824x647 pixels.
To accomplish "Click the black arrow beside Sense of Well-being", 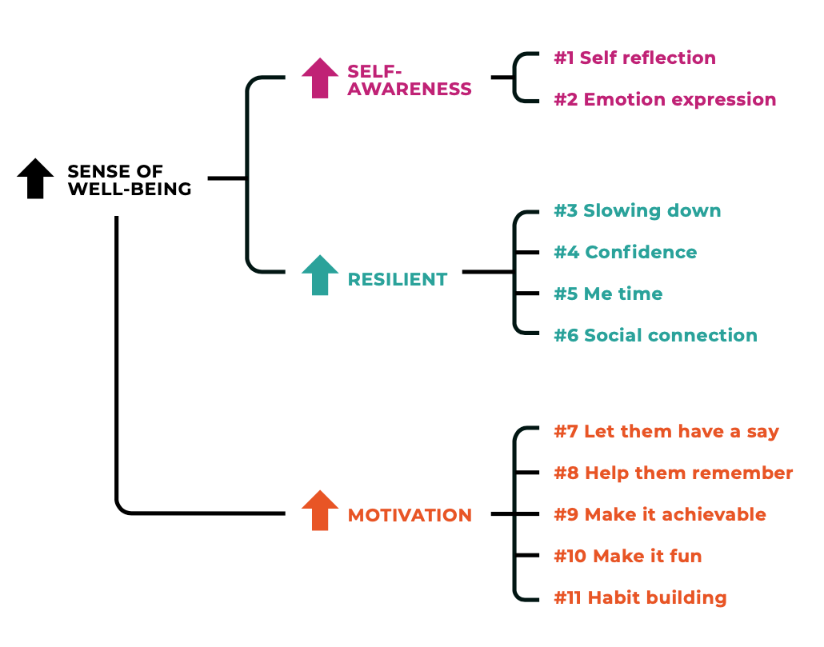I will pyautogui.click(x=35, y=178).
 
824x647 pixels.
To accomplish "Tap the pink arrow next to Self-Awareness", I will pyautogui.click(x=320, y=78).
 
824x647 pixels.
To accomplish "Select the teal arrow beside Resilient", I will pyautogui.click(x=320, y=275).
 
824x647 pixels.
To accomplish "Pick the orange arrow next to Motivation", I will pyautogui.click(x=320, y=510).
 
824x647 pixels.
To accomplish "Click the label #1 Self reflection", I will pyautogui.click(x=634, y=58).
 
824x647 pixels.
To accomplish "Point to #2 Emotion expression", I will pyautogui.click(x=665, y=100).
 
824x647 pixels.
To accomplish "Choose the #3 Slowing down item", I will pyautogui.click(x=637, y=211).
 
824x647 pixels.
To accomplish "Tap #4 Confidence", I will pyautogui.click(x=625, y=253).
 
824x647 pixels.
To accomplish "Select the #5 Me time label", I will pyautogui.click(x=608, y=294).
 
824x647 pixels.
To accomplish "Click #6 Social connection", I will pyautogui.click(x=655, y=336).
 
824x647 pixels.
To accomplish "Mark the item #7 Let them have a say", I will pyautogui.click(x=666, y=432).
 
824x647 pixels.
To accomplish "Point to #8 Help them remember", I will pyautogui.click(x=673, y=473).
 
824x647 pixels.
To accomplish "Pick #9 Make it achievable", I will pyautogui.click(x=659, y=515).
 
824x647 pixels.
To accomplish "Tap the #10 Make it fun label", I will pyautogui.click(x=627, y=557).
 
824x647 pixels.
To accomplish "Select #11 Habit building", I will pyautogui.click(x=640, y=598).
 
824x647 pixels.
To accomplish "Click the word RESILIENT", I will pyautogui.click(x=397, y=280).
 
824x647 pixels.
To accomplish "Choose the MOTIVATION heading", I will pyautogui.click(x=410, y=516).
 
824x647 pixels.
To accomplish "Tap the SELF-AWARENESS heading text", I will pyautogui.click(x=410, y=80).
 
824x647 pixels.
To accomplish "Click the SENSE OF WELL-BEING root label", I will pyautogui.click(x=129, y=180).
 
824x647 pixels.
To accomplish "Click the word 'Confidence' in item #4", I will pyautogui.click(x=641, y=253).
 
